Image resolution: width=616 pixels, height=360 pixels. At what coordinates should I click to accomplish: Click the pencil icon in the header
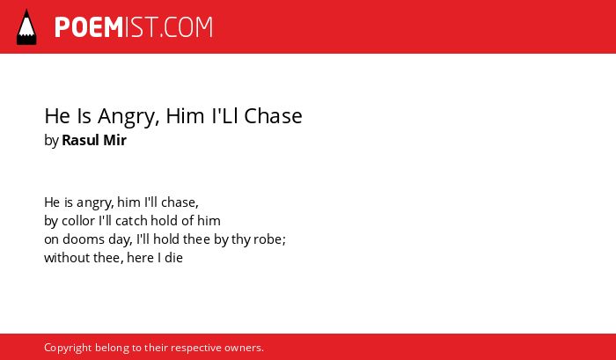26,27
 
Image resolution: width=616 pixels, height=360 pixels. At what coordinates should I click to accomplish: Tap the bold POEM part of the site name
89,27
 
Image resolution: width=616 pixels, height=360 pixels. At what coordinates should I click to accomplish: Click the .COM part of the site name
187,27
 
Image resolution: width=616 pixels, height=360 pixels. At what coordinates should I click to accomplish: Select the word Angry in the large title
128,117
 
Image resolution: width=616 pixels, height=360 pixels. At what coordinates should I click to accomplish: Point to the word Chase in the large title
273,116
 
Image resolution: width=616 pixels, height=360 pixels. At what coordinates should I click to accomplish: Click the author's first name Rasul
80,140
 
